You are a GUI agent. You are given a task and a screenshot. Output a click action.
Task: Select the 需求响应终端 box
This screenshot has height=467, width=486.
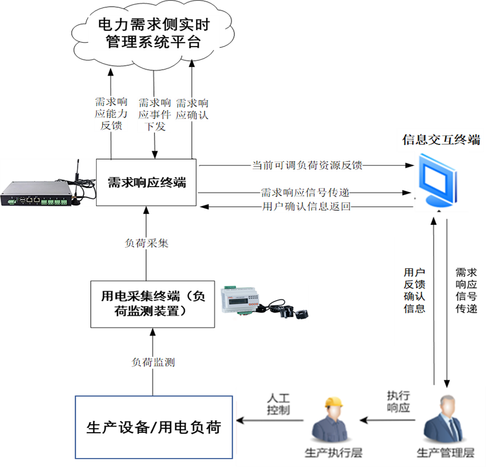(146, 182)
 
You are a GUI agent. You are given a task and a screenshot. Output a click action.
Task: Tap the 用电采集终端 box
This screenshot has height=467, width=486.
(152, 304)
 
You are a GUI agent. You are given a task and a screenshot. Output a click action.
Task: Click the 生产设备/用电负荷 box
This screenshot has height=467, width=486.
(154, 427)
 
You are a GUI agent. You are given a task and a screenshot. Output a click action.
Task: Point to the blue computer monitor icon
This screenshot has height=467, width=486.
(438, 180)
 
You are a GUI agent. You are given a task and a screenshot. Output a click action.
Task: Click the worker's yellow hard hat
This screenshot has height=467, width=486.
(334, 402)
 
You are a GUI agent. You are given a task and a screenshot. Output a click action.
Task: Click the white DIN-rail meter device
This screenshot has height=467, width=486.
(239, 300)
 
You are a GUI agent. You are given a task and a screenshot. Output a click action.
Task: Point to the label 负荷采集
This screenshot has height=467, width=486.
(147, 243)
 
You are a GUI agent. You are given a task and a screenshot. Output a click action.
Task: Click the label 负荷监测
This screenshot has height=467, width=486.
(153, 362)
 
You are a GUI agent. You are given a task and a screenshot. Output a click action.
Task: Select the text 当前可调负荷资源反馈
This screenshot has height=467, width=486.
(307, 165)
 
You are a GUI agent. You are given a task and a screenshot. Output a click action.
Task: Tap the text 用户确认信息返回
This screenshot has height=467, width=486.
(306, 206)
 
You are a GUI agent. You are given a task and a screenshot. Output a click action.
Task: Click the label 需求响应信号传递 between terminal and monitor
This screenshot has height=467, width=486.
(305, 193)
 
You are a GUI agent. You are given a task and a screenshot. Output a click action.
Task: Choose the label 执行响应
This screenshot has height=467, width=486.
(398, 402)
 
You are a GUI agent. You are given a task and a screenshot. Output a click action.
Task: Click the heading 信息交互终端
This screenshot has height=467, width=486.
(441, 140)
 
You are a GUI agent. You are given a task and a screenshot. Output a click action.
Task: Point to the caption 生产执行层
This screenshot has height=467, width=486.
(334, 453)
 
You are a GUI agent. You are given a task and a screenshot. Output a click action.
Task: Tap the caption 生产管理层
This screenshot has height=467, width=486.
(446, 453)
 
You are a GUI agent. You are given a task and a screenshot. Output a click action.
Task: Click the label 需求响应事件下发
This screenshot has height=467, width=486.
(155, 115)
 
